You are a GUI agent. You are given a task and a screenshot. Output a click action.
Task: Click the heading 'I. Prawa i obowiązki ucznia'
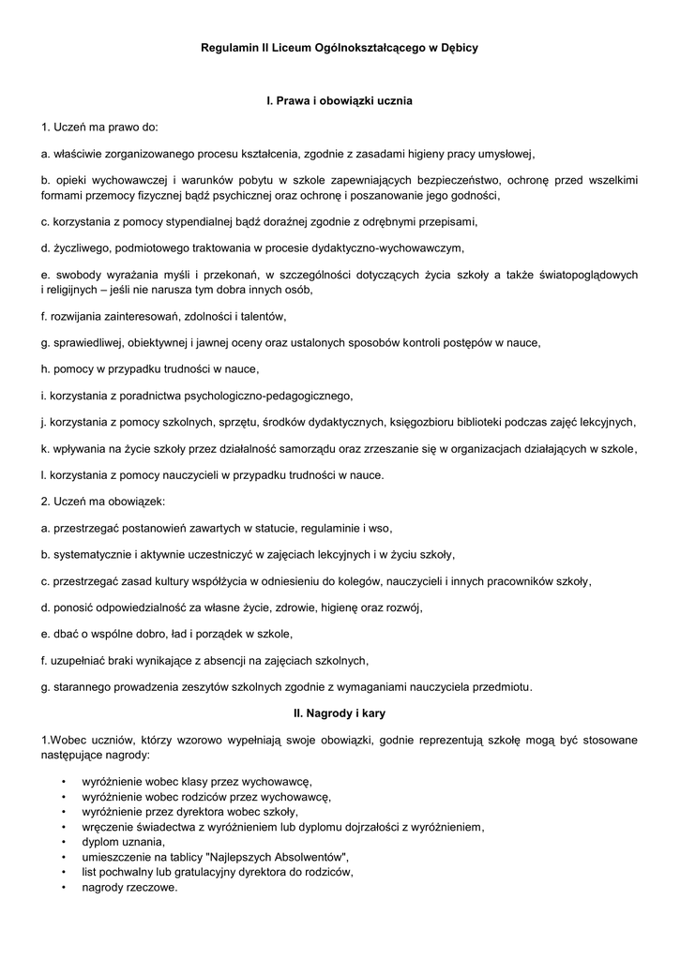click(x=340, y=100)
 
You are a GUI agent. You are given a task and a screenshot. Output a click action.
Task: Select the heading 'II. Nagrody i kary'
click(x=340, y=713)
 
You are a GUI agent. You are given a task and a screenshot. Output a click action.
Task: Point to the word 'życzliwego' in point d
click(x=73, y=248)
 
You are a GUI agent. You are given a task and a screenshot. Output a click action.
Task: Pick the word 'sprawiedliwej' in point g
click(x=84, y=342)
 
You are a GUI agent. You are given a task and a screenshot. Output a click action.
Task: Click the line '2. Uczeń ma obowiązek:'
click(x=103, y=502)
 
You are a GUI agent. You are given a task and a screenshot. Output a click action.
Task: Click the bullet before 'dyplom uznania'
click(x=62, y=842)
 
